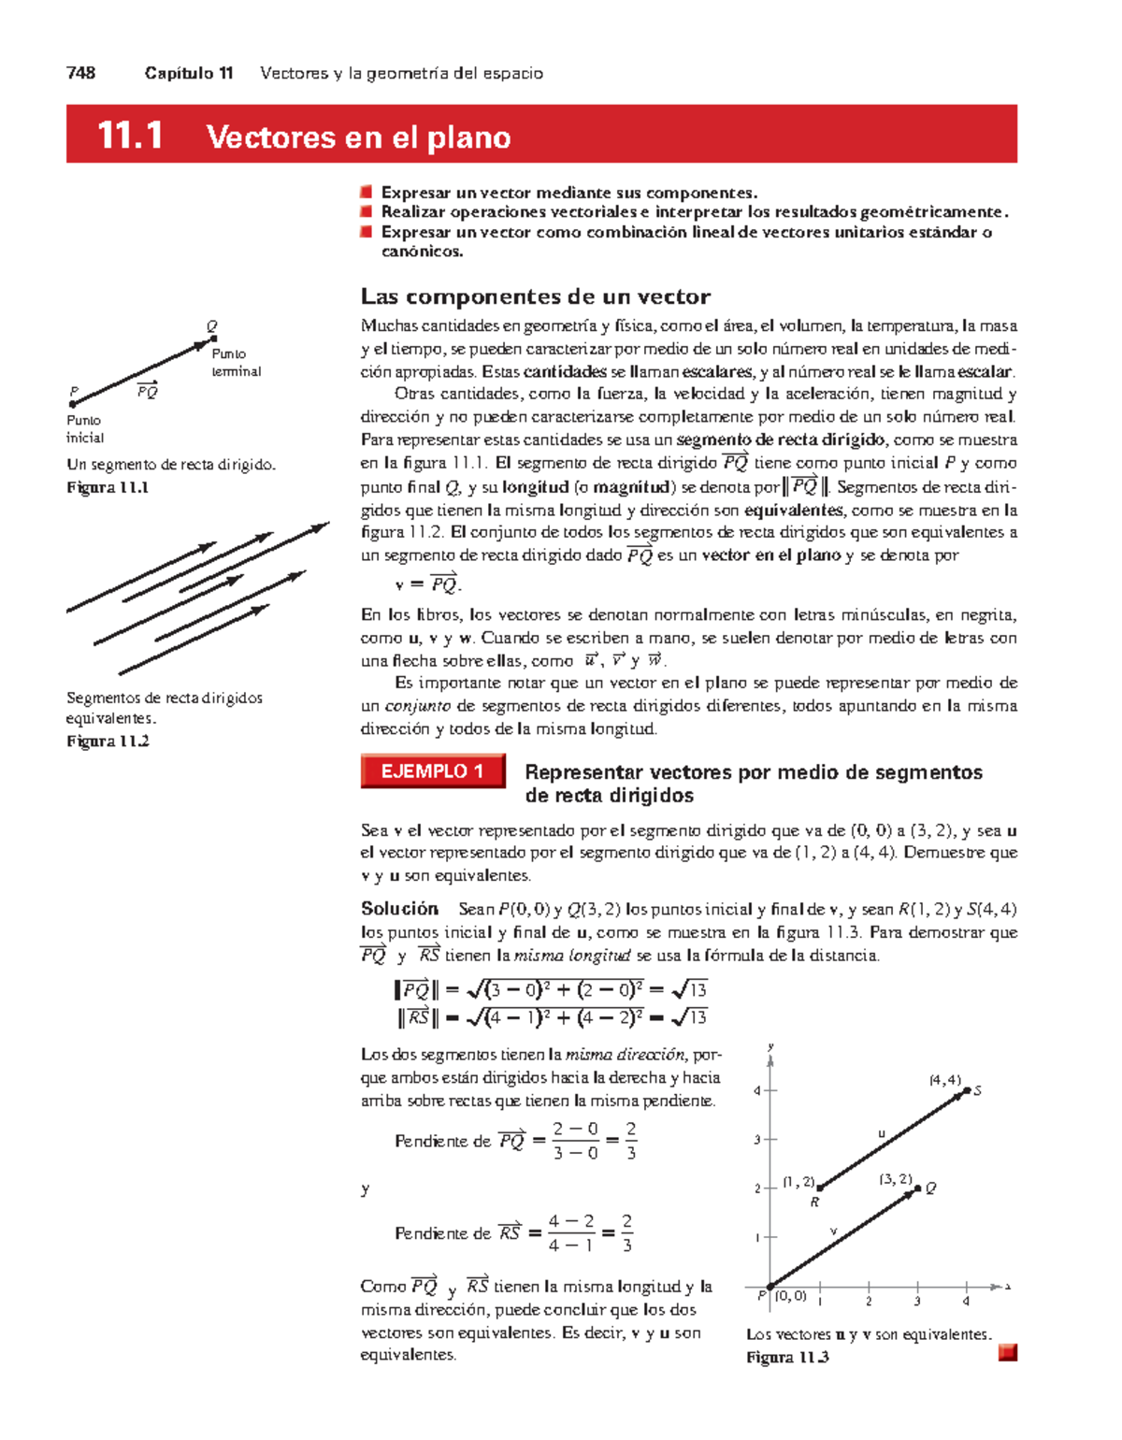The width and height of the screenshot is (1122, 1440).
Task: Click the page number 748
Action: pos(81,73)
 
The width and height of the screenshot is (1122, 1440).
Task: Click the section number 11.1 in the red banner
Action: pos(130,137)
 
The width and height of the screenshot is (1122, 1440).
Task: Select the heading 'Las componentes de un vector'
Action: pos(535,296)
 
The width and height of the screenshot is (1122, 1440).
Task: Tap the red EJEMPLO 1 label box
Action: pos(433,771)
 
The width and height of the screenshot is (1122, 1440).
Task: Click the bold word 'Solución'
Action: pos(399,909)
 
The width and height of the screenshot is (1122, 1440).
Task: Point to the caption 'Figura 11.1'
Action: pos(108,487)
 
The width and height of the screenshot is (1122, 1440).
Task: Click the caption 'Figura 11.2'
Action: pos(108,742)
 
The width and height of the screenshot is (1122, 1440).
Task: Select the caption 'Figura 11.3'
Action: pos(787,1358)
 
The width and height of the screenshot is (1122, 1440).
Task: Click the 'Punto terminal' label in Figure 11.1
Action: pos(236,363)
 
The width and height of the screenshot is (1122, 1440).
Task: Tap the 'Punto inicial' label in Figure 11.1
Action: pos(84,429)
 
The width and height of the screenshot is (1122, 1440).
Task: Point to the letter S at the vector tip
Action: pos(977,1091)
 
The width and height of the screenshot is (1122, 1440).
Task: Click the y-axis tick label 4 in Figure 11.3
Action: pos(757,1091)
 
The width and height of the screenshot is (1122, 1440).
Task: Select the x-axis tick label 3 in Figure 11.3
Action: pos(917,1302)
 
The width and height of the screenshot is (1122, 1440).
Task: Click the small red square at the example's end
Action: pos(1007,1353)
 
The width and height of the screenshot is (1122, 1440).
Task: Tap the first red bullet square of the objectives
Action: pos(367,193)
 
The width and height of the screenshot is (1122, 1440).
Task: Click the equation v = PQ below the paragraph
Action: pos(428,585)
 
